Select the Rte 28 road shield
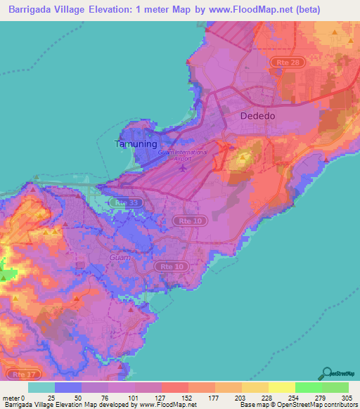click(x=281, y=63)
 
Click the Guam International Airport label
click(x=183, y=155)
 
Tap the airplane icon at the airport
click(x=184, y=168)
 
